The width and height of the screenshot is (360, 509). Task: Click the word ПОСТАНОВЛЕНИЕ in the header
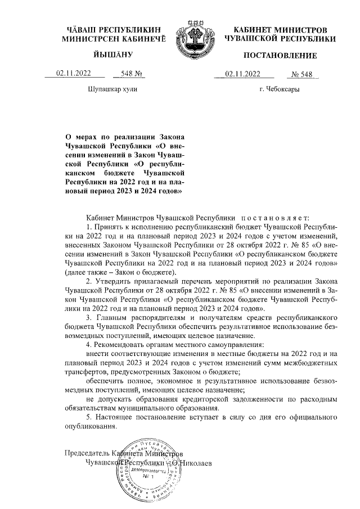coord(280,55)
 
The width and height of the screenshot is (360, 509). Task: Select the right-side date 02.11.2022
coord(242,73)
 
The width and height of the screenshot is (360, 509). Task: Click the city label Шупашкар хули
coord(111,89)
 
